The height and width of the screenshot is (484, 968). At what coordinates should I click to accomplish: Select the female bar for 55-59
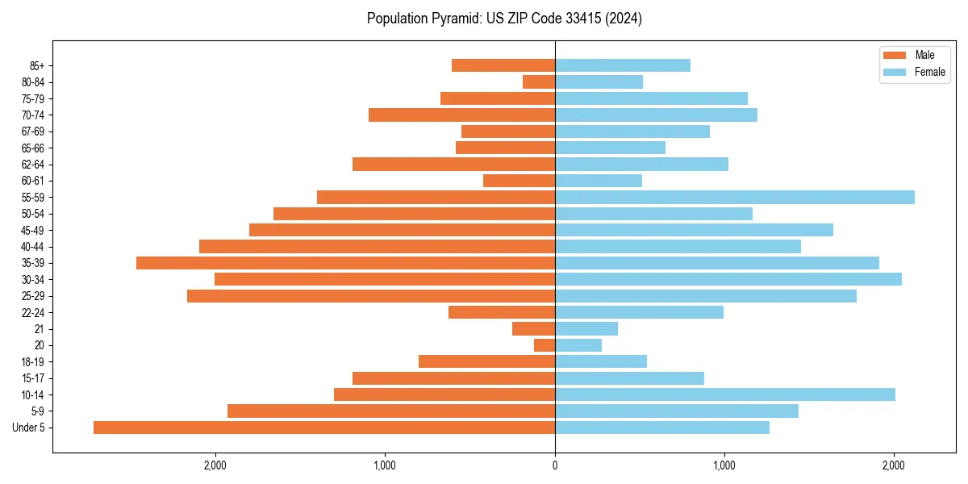pyautogui.click(x=734, y=197)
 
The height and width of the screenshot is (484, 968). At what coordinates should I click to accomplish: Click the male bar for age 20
pyautogui.click(x=544, y=345)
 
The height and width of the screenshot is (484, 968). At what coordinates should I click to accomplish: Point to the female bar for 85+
pyautogui.click(x=622, y=65)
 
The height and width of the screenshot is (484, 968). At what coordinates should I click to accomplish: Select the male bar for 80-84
pyautogui.click(x=539, y=81)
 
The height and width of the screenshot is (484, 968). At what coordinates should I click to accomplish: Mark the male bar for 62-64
pyautogui.click(x=453, y=165)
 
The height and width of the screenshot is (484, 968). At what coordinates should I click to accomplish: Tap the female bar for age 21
pyautogui.click(x=586, y=328)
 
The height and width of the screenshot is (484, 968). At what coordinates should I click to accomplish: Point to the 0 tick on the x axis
pyautogui.click(x=555, y=465)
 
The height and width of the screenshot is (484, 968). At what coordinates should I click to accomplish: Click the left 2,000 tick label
pyautogui.click(x=215, y=465)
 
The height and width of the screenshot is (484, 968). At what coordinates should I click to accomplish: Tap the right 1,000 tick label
pyautogui.click(x=724, y=465)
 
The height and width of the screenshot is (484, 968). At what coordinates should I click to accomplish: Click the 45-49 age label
pyautogui.click(x=33, y=230)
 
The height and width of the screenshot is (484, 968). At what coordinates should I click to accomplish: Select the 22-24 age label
pyautogui.click(x=33, y=312)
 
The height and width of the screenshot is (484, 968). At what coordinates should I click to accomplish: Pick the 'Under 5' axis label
pyautogui.click(x=29, y=428)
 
